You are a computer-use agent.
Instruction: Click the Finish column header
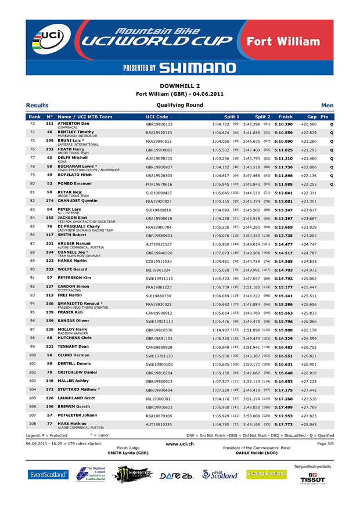(x=285, y=117)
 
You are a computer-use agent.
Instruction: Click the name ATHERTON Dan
(x=73, y=124)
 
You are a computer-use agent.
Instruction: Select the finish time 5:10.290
(x=283, y=124)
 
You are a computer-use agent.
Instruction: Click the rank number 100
(x=33, y=355)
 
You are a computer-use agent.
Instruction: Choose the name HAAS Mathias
(x=71, y=423)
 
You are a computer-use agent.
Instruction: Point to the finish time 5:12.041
(x=283, y=192)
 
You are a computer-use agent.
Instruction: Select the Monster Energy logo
(x=134, y=474)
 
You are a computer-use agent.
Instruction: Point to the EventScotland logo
(x=48, y=474)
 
